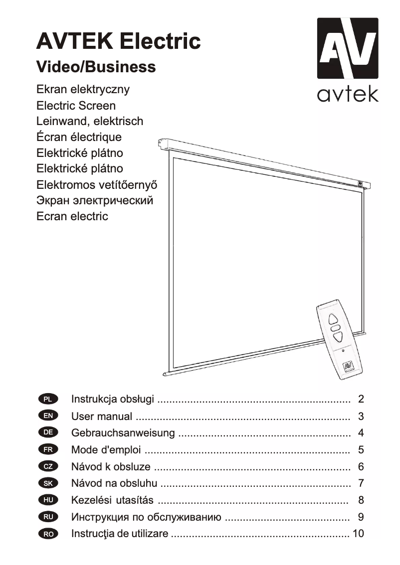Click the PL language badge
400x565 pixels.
[x=48, y=399]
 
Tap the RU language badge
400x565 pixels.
[x=48, y=517]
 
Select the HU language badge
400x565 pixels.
[x=48, y=500]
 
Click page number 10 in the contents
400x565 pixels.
[x=358, y=534]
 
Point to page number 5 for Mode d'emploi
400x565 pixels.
[x=361, y=450]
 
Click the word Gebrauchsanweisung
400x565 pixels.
[x=123, y=433]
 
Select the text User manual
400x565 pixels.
[x=102, y=416]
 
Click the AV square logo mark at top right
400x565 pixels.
[x=348, y=48]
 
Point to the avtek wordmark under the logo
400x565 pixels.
[x=348, y=93]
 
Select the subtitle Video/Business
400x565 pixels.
[x=96, y=67]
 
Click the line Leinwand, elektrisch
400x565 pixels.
[x=90, y=121]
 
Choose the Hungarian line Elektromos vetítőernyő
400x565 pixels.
[x=97, y=184]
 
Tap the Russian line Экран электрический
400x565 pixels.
[x=95, y=200]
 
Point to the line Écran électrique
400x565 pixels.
[x=79, y=137]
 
